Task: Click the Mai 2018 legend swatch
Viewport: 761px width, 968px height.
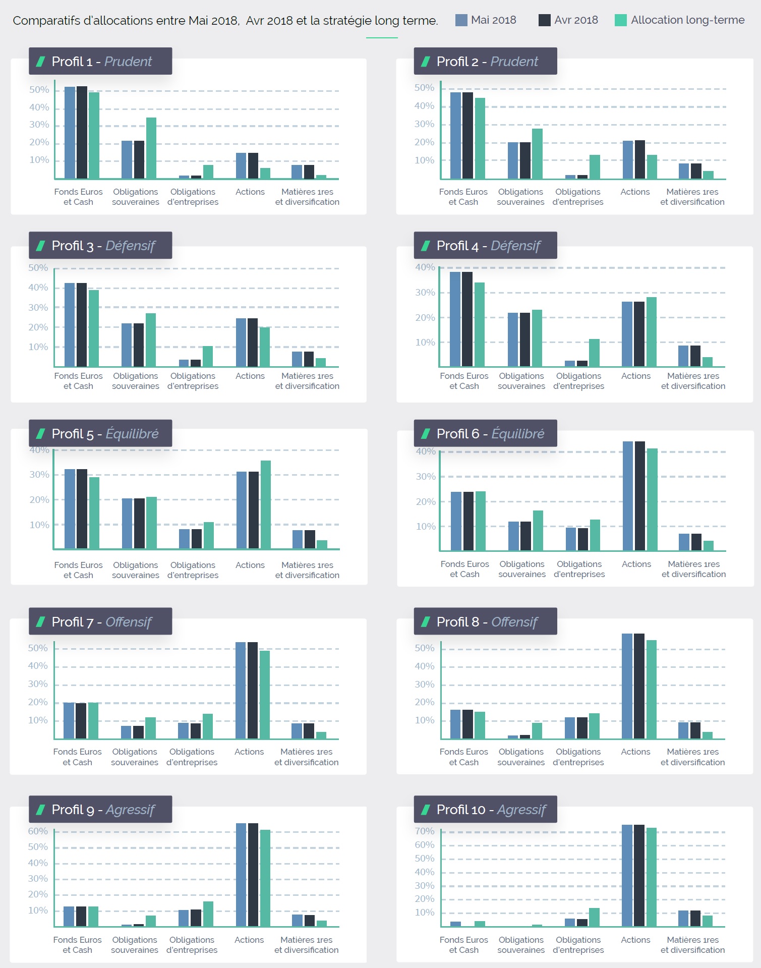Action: [461, 20]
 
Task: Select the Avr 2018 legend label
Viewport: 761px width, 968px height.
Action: [576, 20]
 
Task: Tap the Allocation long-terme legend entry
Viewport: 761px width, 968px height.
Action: [680, 20]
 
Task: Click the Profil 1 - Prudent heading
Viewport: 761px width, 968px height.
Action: [101, 62]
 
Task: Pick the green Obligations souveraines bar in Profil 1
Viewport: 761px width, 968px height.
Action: [151, 148]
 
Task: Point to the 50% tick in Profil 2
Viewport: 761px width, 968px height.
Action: [424, 88]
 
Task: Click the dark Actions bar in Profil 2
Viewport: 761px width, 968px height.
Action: [640, 159]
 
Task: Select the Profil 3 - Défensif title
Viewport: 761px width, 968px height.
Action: [103, 246]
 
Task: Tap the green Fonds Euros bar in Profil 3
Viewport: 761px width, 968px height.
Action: [94, 328]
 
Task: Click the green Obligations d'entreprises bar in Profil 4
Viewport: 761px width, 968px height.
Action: [595, 353]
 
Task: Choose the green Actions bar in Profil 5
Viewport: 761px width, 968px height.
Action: [266, 504]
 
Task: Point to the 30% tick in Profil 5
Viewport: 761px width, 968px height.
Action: [39, 475]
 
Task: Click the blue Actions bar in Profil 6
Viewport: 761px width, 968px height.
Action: [628, 496]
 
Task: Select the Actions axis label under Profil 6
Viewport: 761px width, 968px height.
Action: [636, 564]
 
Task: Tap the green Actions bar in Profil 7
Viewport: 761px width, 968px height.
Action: [265, 695]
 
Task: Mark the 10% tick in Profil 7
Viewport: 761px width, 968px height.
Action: [38, 720]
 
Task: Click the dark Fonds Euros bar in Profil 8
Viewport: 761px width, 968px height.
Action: [467, 724]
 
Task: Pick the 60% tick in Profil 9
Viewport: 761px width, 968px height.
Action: [38, 831]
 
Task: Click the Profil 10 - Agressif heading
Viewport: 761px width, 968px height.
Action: [491, 810]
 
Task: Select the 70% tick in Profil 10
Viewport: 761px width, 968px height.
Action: [425, 831]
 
